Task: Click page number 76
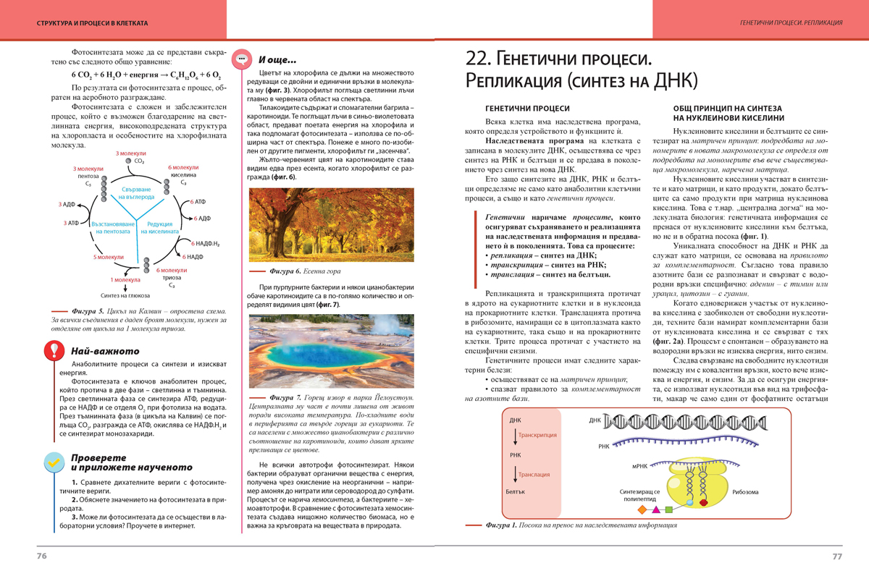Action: [x=42, y=556]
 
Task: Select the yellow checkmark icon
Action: [x=53, y=461]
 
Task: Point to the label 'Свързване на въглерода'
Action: [x=136, y=192]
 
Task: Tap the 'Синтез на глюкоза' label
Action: [x=125, y=295]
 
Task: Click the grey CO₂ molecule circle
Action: [x=128, y=161]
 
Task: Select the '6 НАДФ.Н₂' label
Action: [x=206, y=243]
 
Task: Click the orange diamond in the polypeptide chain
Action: [x=642, y=509]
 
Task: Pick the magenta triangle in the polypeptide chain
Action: [x=655, y=509]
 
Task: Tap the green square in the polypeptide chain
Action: [x=668, y=509]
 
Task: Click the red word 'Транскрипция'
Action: [x=539, y=435]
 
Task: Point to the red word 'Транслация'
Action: [x=535, y=474]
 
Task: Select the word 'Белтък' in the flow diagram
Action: [x=515, y=492]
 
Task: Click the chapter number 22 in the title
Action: [x=477, y=58]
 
